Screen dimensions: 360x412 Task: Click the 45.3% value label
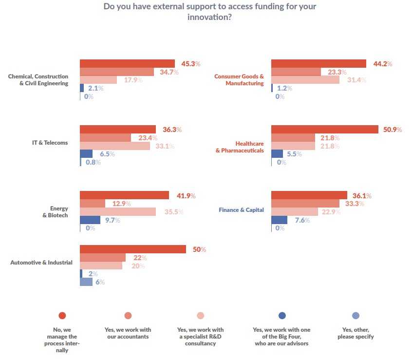190,64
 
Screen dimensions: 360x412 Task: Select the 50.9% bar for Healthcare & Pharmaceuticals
324,130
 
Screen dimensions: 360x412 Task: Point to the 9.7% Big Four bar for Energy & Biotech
90,220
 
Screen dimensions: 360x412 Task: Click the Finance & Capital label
241,210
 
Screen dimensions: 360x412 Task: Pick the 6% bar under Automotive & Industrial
86,282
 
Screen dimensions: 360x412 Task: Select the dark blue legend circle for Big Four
282,315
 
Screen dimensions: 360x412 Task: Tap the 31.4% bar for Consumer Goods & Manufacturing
305,80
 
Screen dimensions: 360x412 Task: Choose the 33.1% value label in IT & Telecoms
164,146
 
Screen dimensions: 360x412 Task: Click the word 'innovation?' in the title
209,17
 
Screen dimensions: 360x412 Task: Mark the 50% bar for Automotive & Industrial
132,249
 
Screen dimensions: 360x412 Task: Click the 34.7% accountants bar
116,72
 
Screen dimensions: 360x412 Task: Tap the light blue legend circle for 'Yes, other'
356,315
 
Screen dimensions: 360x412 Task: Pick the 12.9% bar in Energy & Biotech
92,204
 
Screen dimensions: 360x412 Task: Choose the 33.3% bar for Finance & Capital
305,203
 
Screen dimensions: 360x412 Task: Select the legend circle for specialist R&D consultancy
201,315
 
